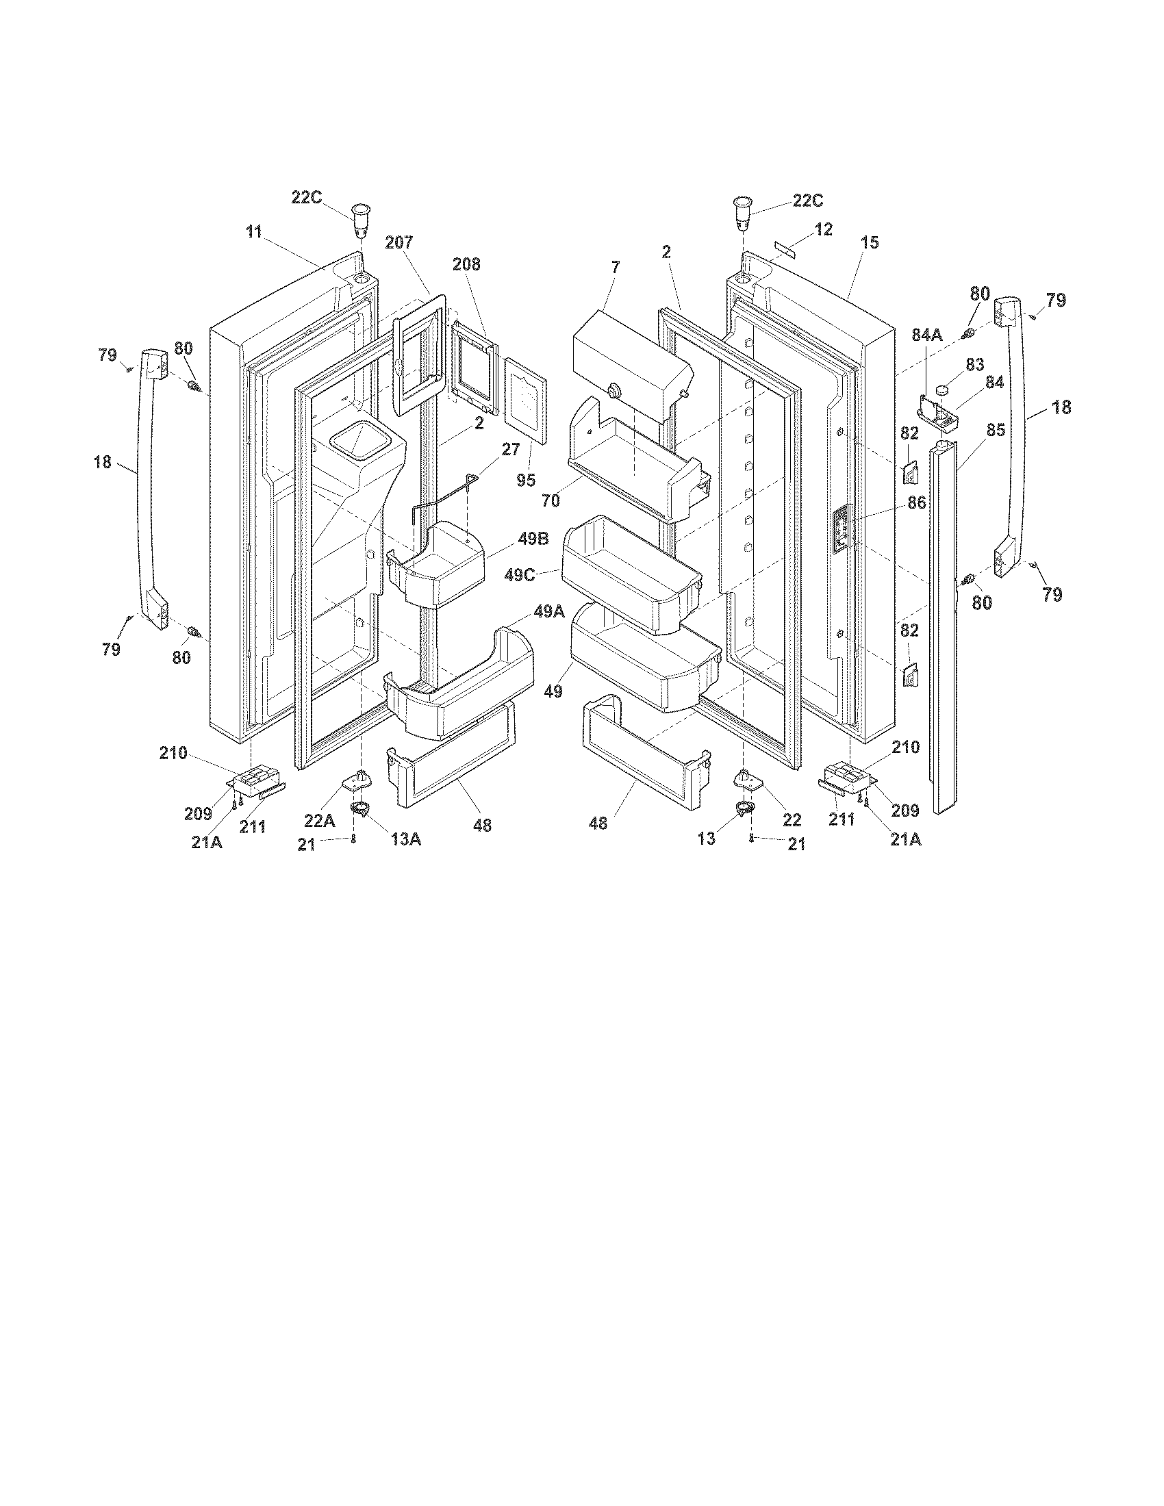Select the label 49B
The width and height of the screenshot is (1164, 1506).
pos(534,539)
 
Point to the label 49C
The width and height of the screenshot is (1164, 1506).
pos(519,575)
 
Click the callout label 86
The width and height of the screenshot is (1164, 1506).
pos(916,503)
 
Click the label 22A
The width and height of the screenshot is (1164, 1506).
pos(320,821)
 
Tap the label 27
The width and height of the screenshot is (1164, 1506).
pos(510,450)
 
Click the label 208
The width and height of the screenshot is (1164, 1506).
pos(467,264)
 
